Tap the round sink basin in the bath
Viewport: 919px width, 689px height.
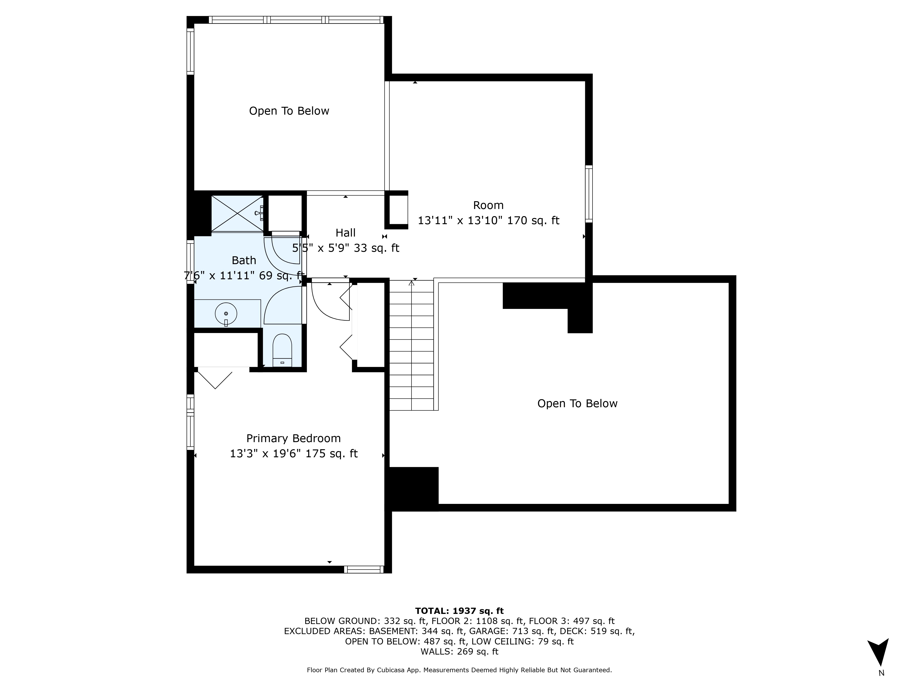[x=226, y=314]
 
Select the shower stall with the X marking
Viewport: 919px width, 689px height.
[x=237, y=213]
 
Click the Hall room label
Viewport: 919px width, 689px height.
[x=345, y=233]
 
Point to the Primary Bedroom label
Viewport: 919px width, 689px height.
[x=293, y=439]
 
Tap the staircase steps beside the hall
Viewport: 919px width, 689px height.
[x=411, y=345]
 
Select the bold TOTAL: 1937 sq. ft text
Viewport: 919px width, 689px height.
[x=459, y=611]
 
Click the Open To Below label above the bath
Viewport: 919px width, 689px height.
[x=289, y=111]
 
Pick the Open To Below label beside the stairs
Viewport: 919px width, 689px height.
[x=577, y=404]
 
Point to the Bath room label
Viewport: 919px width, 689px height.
[x=244, y=260]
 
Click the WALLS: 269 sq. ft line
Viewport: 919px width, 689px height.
[x=459, y=652]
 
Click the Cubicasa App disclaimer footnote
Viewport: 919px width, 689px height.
[x=459, y=670]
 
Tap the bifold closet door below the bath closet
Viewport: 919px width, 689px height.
[x=215, y=378]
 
